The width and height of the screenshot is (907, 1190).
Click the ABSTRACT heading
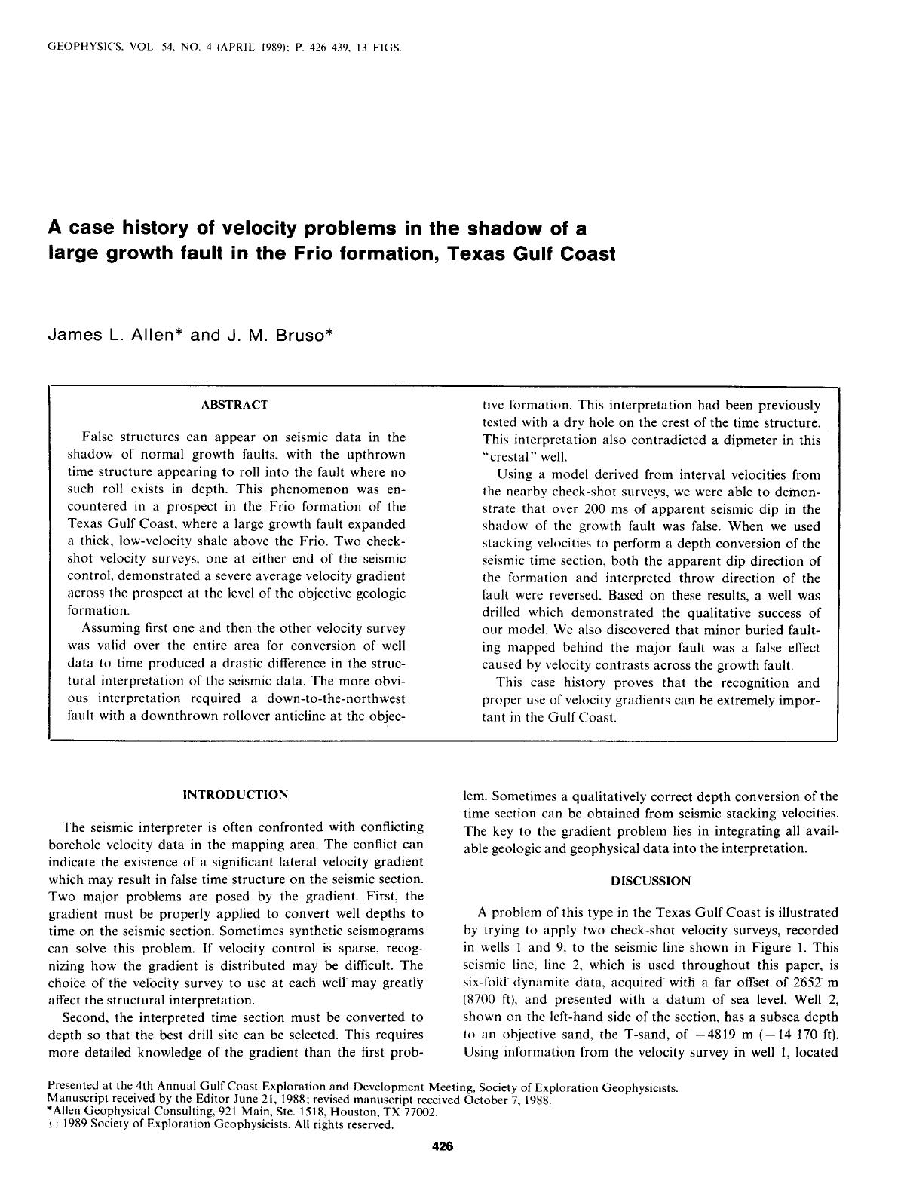pyautogui.click(x=234, y=405)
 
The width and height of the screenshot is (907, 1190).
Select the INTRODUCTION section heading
pyautogui.click(x=235, y=794)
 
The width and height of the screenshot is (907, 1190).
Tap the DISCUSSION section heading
pyautogui.click(x=650, y=880)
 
